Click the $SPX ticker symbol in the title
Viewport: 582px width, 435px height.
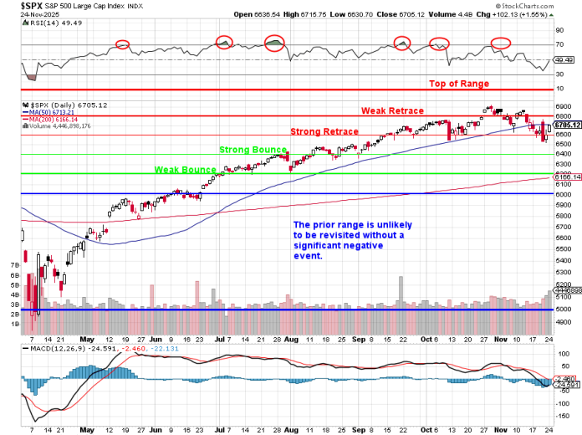pos(14,5)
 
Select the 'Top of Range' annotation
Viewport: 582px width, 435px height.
pos(458,84)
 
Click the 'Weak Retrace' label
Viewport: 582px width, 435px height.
pos(392,110)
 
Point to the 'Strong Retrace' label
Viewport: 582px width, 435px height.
pos(324,131)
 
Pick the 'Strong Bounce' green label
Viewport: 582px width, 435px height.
pos(253,150)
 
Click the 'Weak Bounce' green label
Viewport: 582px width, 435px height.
pos(185,170)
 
